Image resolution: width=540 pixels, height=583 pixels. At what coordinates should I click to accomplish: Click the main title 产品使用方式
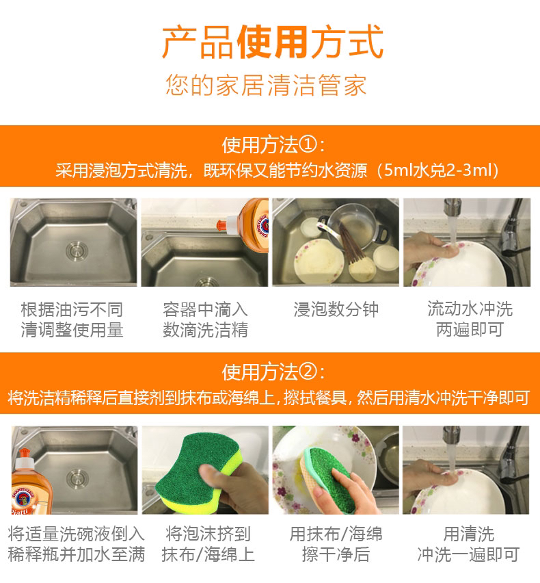(273, 42)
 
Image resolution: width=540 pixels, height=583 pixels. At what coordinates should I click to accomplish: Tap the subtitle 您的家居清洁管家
(266, 85)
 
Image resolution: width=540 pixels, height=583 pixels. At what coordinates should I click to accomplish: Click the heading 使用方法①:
(273, 144)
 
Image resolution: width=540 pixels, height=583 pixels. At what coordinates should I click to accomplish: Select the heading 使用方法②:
(273, 372)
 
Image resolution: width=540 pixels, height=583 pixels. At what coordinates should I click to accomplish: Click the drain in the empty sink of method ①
(77, 250)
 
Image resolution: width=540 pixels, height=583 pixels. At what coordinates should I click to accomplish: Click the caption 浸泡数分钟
(336, 309)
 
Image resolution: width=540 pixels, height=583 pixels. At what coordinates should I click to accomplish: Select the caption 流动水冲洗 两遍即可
(470, 319)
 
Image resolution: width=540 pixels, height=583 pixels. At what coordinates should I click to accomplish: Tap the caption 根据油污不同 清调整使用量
(72, 320)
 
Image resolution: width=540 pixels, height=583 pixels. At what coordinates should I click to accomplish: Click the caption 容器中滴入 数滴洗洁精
(205, 320)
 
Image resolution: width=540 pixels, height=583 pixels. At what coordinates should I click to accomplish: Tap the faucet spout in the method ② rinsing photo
(452, 436)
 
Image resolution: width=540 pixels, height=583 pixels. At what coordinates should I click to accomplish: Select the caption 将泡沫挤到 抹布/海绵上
(208, 544)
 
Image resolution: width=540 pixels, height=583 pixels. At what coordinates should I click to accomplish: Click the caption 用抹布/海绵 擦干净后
(336, 544)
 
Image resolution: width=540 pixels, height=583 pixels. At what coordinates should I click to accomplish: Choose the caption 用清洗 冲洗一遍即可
(468, 544)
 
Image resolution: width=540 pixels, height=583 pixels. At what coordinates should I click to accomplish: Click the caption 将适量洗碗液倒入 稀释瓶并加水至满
(76, 544)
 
